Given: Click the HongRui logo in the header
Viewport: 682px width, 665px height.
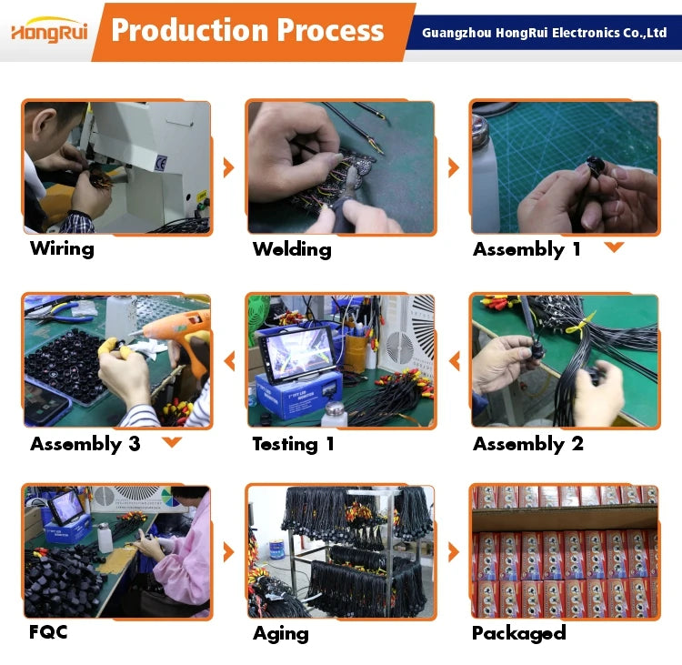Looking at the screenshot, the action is click(x=49, y=30).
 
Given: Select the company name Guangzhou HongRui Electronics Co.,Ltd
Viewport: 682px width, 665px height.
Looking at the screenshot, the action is click(x=544, y=33).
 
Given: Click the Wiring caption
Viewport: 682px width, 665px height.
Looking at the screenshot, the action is click(x=62, y=248).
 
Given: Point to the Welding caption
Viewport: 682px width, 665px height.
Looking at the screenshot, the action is click(x=292, y=249).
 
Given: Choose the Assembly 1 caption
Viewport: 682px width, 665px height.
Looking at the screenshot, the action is click(x=527, y=249).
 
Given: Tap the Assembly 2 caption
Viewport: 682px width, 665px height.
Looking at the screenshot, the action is click(x=528, y=444).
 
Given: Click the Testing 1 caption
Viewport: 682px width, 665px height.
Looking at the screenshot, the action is click(x=293, y=444).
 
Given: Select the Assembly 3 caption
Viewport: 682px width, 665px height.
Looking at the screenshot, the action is click(x=85, y=444).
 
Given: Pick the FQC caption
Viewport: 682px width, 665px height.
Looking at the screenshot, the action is click(x=48, y=632).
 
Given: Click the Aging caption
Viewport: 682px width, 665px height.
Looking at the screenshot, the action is click(x=281, y=634).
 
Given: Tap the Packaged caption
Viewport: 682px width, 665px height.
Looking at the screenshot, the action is click(x=519, y=633).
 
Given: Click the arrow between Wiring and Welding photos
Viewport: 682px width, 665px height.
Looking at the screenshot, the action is click(x=228, y=167).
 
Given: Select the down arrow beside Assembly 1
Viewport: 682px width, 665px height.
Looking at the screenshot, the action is click(x=614, y=247).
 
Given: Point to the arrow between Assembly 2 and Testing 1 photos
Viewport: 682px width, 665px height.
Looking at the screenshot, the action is click(x=455, y=361).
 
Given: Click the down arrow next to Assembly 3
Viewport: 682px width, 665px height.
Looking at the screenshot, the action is click(x=172, y=442).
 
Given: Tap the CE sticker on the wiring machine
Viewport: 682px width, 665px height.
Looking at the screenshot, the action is click(x=160, y=163).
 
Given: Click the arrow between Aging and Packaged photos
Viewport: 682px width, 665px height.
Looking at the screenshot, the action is click(x=454, y=552).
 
